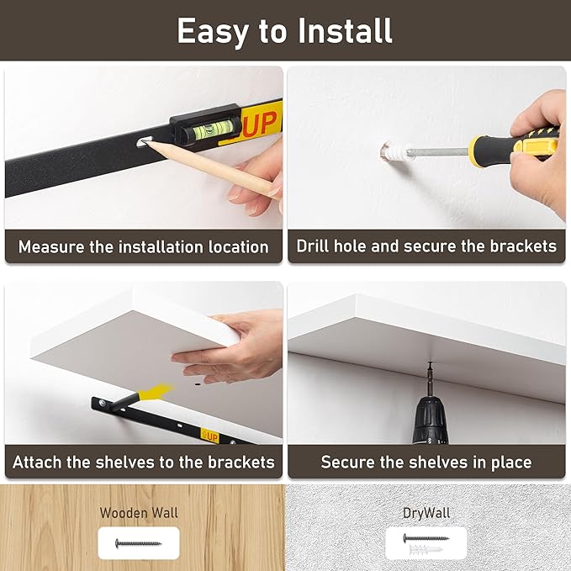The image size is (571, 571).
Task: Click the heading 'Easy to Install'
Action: click(284, 31)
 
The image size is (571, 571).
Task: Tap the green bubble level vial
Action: click(211, 130)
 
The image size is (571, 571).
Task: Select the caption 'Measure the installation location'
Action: click(144, 247)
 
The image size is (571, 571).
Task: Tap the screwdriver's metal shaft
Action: click(440, 151)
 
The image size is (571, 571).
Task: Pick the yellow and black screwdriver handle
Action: click(514, 145)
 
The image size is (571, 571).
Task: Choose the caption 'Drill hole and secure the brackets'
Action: click(426, 246)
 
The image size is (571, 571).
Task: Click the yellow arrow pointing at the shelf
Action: click(156, 392)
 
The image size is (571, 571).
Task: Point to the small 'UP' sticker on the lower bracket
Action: click(209, 436)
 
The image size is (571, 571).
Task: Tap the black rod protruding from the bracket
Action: click(124, 403)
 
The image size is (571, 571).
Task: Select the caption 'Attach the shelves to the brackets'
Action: click(144, 463)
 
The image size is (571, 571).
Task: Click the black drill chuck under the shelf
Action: click(430, 420)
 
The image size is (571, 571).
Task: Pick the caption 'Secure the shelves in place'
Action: click(426, 463)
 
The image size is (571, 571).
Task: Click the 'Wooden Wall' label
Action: click(139, 513)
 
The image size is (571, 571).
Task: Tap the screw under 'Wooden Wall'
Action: click(138, 544)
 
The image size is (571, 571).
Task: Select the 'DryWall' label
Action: click(426, 513)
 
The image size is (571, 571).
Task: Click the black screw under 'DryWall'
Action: click(426, 538)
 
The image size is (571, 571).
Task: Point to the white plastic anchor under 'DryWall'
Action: click(426, 549)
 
